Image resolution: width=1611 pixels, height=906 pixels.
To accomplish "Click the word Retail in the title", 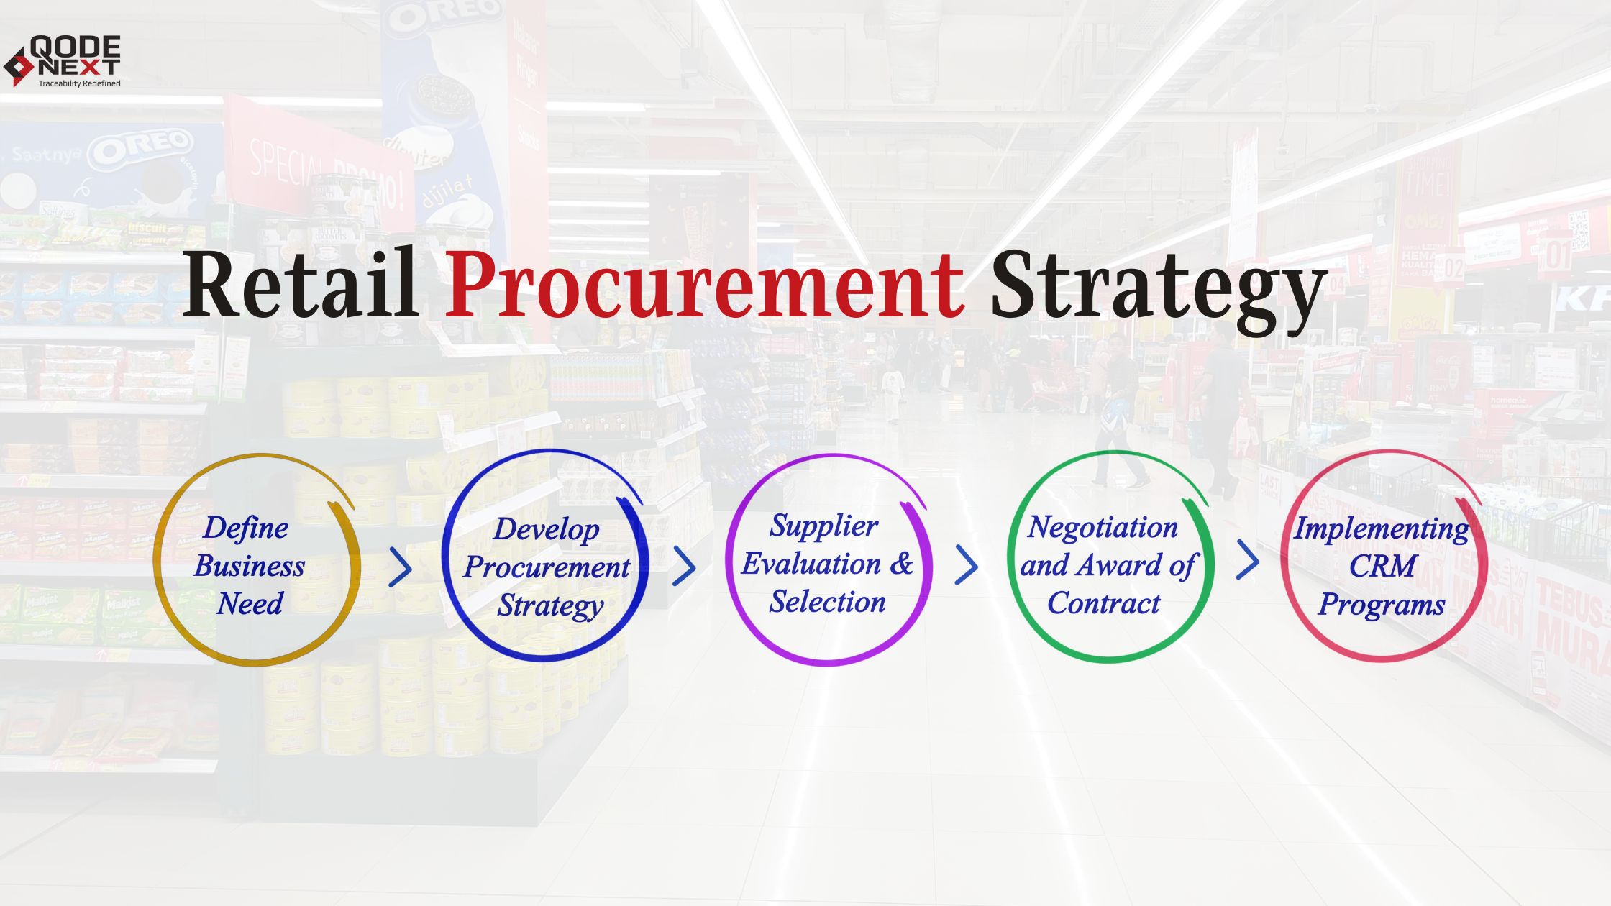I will tap(301, 284).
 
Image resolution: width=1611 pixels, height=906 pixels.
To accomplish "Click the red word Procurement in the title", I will tap(703, 284).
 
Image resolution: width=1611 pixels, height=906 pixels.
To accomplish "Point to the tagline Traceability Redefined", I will tap(79, 83).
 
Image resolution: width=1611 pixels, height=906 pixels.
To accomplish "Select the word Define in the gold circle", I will tap(246, 528).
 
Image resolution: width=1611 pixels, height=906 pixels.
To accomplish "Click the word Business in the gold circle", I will tap(250, 566).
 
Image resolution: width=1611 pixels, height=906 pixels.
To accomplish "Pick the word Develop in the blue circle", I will tap(546, 529).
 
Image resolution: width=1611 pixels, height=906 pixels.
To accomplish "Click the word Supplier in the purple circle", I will tap(823, 526).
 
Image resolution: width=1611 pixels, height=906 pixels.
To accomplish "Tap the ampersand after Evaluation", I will tap(902, 563).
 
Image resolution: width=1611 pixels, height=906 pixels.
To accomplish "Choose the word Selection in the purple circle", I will tap(827, 602).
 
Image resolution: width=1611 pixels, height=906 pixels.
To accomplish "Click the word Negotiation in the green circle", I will tap(1103, 527).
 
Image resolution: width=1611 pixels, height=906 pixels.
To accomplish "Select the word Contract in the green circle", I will tap(1104, 603).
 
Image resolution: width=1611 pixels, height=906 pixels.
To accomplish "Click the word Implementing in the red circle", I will tap(1381, 528).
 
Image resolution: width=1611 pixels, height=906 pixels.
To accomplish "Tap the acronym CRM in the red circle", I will tap(1382, 566).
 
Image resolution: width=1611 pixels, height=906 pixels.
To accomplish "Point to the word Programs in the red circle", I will tap(1381, 605).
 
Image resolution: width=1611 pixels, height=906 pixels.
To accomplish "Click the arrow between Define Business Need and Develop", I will tap(401, 567).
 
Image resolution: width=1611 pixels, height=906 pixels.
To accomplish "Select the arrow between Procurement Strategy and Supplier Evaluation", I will tap(684, 567).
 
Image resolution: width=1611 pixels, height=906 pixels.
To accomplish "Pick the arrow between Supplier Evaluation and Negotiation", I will tap(967, 565).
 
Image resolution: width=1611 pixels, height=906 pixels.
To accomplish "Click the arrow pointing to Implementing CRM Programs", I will tap(1248, 560).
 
